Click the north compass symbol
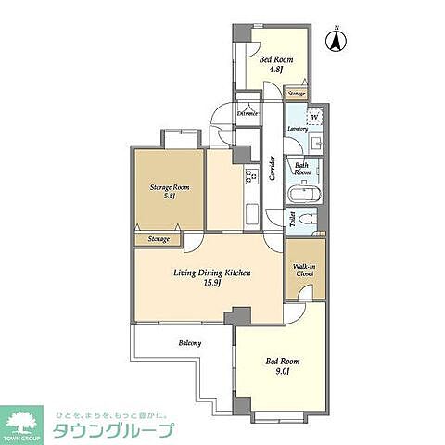338,40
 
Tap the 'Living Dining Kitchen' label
211,273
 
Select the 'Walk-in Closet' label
305,270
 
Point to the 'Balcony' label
190,344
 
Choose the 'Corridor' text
272,168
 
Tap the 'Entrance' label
248,113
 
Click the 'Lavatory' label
298,128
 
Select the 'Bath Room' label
303,168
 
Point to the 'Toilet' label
293,219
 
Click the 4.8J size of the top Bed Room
275,68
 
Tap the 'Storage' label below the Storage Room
159,239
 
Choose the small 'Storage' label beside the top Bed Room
296,94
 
